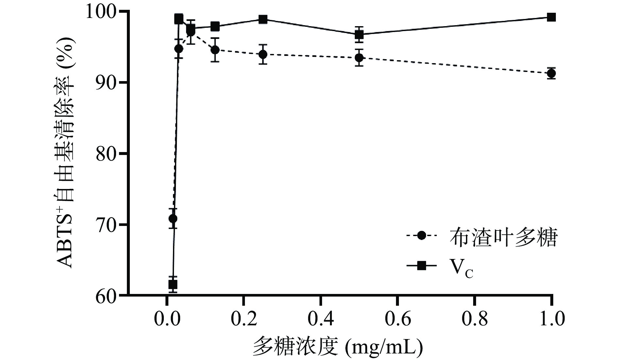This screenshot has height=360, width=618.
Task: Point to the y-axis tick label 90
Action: click(108, 82)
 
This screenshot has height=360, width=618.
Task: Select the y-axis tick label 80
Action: click(108, 153)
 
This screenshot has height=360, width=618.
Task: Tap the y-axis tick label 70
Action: click(108, 225)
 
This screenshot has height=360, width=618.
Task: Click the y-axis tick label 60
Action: click(108, 295)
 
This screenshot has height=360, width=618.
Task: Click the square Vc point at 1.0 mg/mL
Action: click(551, 17)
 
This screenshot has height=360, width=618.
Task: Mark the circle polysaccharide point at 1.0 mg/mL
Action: click(551, 74)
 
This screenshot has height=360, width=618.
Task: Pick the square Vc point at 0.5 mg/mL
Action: click(359, 34)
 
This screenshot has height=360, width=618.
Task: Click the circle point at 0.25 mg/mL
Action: click(263, 54)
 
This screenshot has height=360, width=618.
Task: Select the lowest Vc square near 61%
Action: click(173, 284)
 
